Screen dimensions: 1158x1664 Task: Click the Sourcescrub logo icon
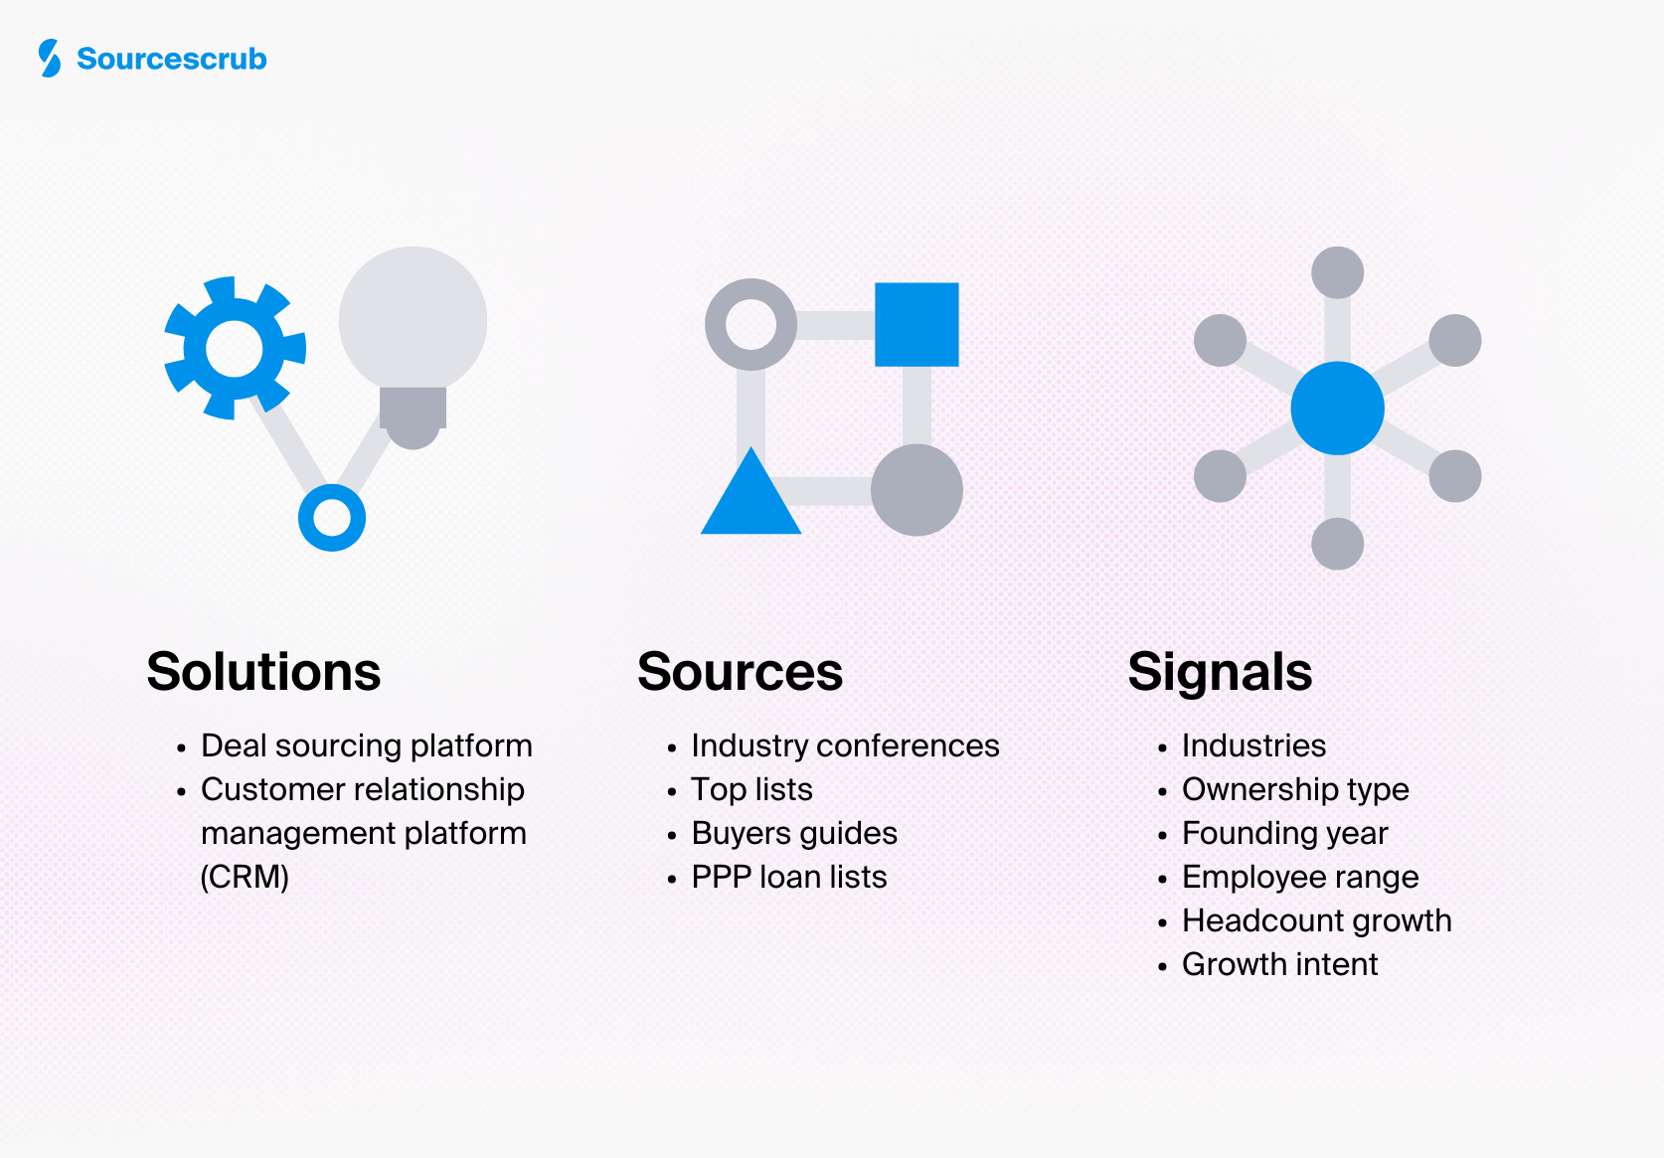49,59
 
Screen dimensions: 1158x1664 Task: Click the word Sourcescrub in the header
172,59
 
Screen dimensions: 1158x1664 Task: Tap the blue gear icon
235,348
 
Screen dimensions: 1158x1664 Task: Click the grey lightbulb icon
413,338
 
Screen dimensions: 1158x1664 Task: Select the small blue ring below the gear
332,518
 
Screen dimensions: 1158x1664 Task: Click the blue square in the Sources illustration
916,324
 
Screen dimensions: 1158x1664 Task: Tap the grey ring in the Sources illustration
750,324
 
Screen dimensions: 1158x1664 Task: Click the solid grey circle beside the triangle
916,490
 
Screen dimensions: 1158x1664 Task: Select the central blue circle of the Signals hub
1337,408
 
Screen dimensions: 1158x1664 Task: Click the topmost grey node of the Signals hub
1337,272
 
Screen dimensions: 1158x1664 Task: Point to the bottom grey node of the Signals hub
1337,544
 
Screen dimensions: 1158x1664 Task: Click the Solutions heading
263,672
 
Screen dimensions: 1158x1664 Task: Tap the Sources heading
740,672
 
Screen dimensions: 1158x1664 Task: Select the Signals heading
1220,672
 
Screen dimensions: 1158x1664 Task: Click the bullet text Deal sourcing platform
366,745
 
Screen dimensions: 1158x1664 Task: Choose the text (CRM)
245,877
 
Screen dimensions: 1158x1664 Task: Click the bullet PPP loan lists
788,877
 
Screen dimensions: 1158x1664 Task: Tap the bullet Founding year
1284,833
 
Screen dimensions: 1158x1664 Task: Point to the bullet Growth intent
1279,964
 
